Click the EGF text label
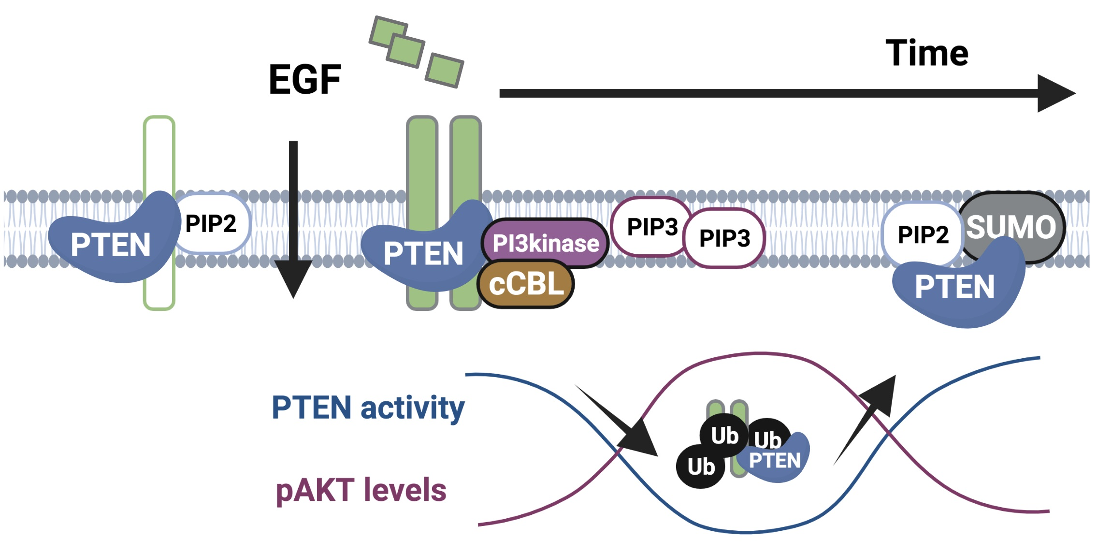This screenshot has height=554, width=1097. (x=304, y=80)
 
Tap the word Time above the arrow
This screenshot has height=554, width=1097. (x=926, y=53)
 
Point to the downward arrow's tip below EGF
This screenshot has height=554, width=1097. (x=293, y=290)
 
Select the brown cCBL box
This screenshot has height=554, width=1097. (x=526, y=284)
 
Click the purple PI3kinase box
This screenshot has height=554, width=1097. (x=545, y=243)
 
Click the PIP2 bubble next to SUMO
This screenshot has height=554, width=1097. (x=922, y=234)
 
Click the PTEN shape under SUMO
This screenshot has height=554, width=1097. (x=954, y=288)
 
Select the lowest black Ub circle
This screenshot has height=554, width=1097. (x=701, y=467)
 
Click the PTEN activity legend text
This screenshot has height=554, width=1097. (x=367, y=408)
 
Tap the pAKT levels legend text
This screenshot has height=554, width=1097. (x=361, y=491)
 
